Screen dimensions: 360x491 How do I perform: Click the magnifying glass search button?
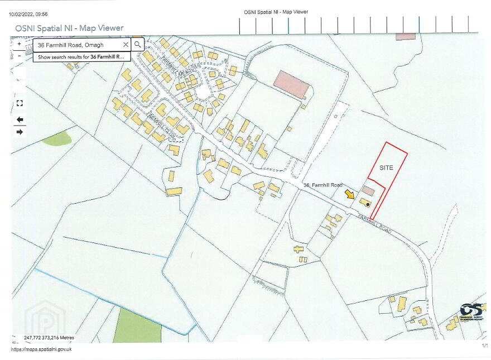[138, 45]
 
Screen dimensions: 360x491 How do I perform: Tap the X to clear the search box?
[126, 45]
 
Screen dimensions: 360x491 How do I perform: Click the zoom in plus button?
[19, 44]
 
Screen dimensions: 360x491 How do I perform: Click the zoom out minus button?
[19, 56]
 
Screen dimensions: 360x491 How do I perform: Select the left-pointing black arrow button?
[20, 119]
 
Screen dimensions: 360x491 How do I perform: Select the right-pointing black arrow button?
[20, 132]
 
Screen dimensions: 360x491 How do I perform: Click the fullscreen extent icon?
[20, 103]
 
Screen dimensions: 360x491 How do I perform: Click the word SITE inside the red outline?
[387, 167]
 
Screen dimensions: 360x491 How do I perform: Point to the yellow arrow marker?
[350, 194]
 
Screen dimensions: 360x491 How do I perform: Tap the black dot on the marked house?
[368, 204]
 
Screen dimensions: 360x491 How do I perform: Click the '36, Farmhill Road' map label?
[323, 185]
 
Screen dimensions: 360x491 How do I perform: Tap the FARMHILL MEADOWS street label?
[176, 67]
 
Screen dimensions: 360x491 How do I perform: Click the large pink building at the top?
[291, 84]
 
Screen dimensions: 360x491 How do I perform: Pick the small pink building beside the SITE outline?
[369, 190]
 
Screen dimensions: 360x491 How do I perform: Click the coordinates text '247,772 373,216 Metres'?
[49, 338]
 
